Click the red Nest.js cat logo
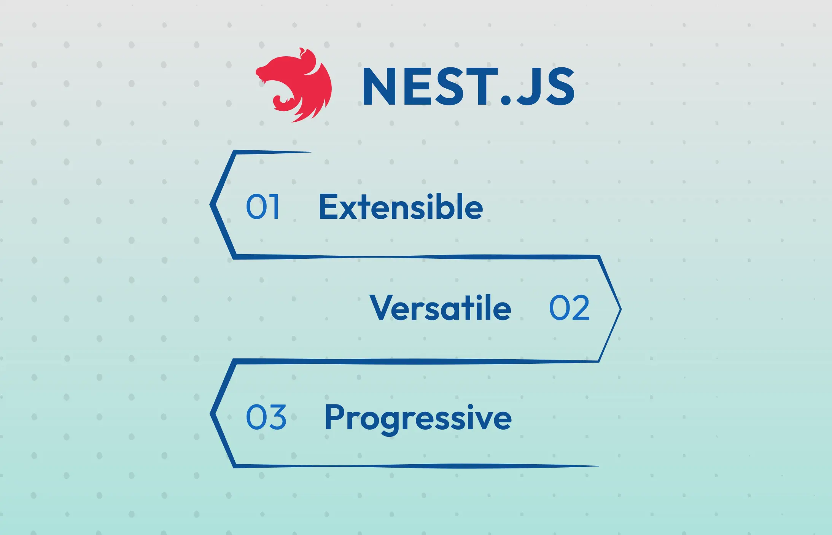295,84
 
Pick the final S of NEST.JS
560,86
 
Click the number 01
263,207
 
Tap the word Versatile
440,308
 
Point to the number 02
569,308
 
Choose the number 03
266,417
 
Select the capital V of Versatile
382,308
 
